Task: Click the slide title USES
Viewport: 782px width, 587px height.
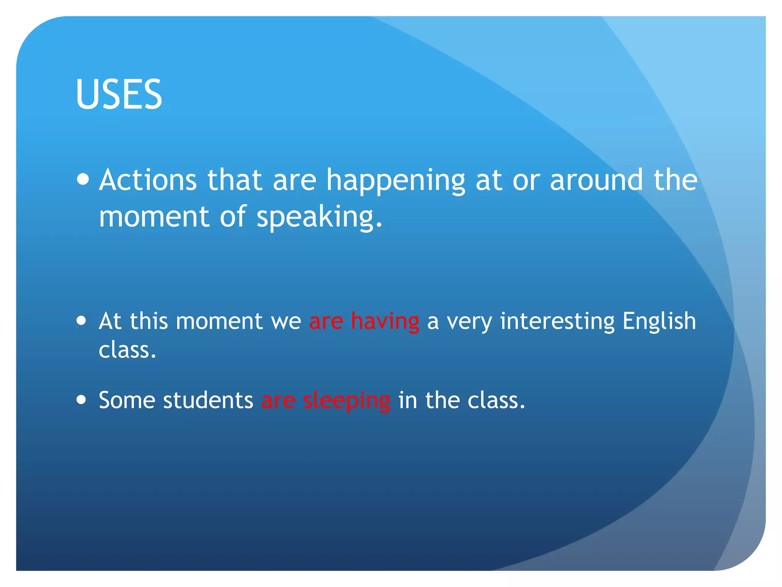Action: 119,94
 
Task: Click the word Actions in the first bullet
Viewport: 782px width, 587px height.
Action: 148,180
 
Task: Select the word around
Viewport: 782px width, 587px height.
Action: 596,180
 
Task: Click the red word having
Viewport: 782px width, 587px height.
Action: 385,321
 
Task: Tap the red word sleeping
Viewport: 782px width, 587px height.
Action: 346,401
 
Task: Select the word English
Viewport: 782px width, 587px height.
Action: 659,321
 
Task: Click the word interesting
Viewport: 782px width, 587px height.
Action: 557,321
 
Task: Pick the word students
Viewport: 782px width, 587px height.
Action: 208,401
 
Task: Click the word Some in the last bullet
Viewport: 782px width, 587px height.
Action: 127,401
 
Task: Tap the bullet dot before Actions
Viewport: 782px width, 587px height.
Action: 83,179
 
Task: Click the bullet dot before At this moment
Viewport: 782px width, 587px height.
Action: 81,320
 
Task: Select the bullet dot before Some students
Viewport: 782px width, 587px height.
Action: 81,400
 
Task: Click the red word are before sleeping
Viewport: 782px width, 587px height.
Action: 278,401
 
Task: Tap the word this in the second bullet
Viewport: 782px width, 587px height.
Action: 149,321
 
